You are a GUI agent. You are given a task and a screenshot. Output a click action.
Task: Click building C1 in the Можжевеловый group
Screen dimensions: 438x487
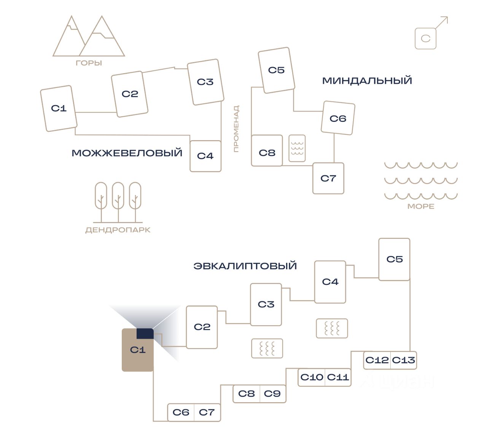59,109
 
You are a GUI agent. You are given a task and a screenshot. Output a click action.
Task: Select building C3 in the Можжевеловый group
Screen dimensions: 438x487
205,82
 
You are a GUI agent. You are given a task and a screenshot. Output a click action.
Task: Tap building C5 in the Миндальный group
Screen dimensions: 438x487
276,70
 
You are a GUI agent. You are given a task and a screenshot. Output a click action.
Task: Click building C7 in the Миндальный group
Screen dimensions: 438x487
328,178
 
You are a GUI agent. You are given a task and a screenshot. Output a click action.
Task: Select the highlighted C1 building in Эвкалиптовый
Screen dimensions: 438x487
137,354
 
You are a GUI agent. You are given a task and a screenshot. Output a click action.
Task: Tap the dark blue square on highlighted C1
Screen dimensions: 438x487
145,334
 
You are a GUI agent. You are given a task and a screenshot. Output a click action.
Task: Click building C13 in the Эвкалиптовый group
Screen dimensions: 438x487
404,360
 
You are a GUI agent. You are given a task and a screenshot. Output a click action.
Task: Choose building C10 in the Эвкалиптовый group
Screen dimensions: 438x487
312,377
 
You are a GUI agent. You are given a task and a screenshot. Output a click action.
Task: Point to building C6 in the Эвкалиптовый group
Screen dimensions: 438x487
181,412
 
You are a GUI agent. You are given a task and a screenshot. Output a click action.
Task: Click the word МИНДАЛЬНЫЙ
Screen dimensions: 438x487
367,81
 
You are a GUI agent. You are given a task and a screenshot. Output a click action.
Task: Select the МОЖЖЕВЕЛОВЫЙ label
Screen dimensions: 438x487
127,153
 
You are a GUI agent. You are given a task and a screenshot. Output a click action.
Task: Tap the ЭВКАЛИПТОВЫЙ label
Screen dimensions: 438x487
245,266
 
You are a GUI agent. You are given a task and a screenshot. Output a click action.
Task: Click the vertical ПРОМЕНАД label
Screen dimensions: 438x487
236,129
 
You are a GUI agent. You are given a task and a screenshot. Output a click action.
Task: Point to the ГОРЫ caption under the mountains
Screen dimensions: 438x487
89,63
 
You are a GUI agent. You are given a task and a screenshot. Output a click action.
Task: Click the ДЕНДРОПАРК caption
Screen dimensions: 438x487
118,230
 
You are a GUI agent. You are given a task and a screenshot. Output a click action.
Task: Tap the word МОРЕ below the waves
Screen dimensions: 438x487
421,206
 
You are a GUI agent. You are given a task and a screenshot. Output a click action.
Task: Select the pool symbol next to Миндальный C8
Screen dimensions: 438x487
297,148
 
